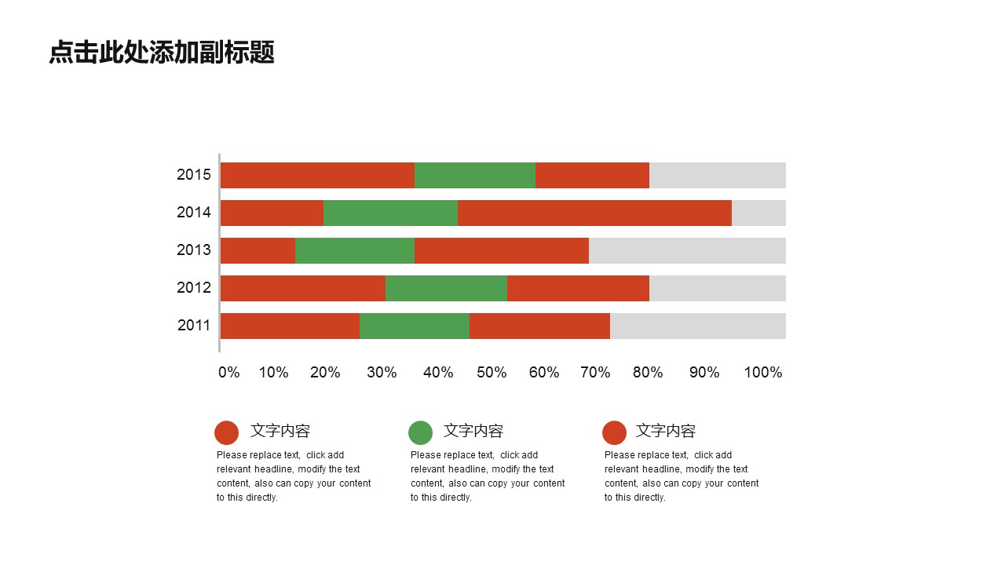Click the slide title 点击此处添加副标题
162,53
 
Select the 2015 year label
194,175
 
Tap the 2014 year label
194,213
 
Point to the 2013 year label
194,250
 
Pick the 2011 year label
194,326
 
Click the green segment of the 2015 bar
474,175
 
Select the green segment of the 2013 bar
354,250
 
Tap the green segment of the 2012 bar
446,288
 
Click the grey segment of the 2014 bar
758,213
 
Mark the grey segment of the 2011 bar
697,326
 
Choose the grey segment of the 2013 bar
687,250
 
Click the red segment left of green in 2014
272,213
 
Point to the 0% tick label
229,373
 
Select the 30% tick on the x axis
382,373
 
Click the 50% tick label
492,373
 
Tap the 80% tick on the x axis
648,373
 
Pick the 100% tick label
763,373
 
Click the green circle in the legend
421,432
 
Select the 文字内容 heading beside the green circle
473,431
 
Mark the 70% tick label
595,373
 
